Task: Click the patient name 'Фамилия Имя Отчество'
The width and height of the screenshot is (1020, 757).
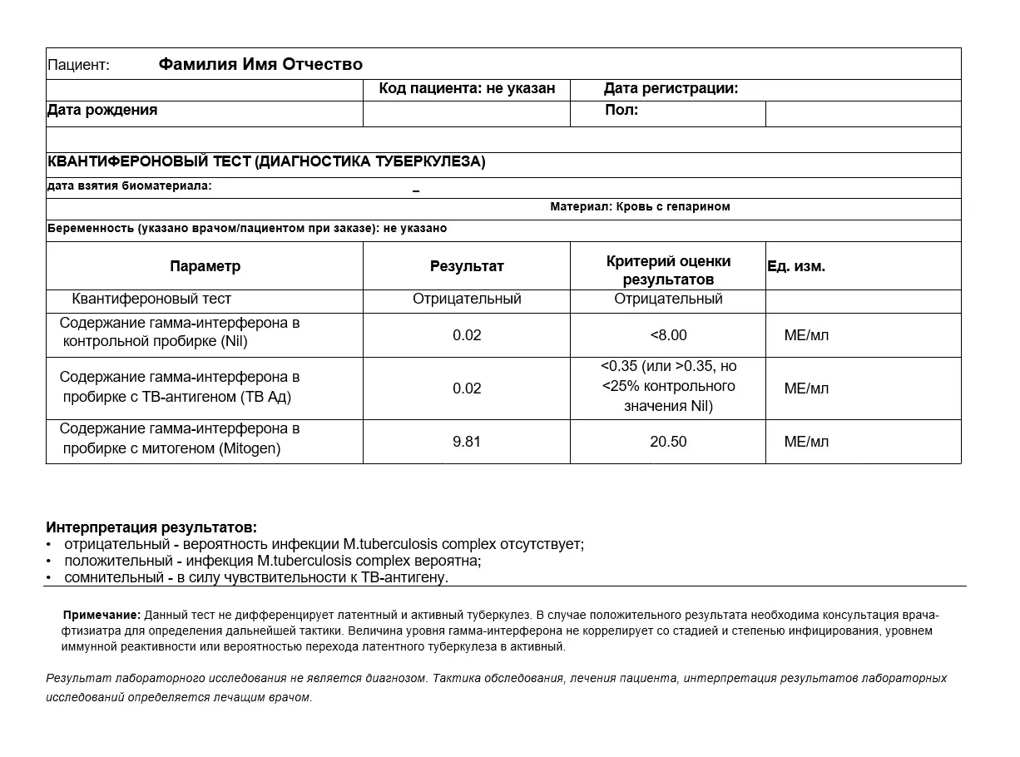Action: [260, 64]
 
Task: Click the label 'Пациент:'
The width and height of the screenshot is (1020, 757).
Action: [78, 65]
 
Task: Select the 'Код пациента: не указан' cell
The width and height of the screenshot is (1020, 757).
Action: [467, 89]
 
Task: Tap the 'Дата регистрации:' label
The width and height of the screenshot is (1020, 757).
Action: [671, 89]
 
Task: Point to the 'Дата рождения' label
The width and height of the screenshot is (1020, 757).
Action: [102, 110]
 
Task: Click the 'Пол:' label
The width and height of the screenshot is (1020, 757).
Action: [621, 110]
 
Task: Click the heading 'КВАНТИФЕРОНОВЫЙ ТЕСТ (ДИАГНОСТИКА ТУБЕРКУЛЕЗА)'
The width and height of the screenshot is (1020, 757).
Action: [266, 162]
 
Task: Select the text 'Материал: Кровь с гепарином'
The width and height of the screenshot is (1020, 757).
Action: [640, 206]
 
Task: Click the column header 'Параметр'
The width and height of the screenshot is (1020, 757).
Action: [205, 266]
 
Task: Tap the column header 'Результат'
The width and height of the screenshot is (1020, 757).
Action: [467, 266]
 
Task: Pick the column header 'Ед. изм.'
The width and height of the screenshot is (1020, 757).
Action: [796, 266]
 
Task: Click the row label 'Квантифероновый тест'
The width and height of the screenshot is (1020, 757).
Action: [151, 299]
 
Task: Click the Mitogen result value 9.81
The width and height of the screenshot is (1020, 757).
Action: [467, 442]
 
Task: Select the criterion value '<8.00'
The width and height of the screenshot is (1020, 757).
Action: [668, 335]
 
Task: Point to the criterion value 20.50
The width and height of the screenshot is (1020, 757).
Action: [668, 442]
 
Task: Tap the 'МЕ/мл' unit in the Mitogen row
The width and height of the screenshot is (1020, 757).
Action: [806, 442]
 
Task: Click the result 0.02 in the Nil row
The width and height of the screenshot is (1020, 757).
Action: [467, 335]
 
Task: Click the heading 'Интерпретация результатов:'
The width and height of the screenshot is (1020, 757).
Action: [151, 527]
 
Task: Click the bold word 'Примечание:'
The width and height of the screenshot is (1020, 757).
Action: [102, 616]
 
